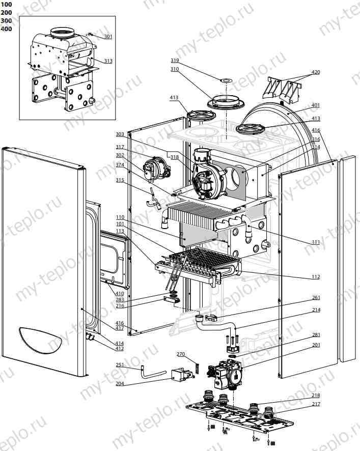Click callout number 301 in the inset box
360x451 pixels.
pyautogui.click(x=108, y=37)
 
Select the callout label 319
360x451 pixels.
pyautogui.click(x=175, y=60)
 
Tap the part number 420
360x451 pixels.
pyautogui.click(x=316, y=72)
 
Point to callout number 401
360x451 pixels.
pyautogui.click(x=316, y=105)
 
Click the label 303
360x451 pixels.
pyautogui.click(x=120, y=134)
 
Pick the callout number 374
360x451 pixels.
pyautogui.click(x=120, y=164)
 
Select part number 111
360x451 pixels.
pyautogui.click(x=316, y=242)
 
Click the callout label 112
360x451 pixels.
pyautogui.click(x=316, y=277)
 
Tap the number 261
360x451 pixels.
pyautogui.click(x=316, y=298)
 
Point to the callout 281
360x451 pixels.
pyautogui.click(x=316, y=334)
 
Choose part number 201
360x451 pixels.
pyautogui.click(x=316, y=346)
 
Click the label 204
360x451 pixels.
pyautogui.click(x=120, y=383)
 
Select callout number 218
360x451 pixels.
pyautogui.click(x=316, y=396)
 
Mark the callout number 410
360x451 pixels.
pyautogui.click(x=120, y=293)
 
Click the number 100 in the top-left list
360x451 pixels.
pyautogui.click(x=7, y=5)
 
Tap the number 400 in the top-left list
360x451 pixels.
pyautogui.click(x=7, y=29)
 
